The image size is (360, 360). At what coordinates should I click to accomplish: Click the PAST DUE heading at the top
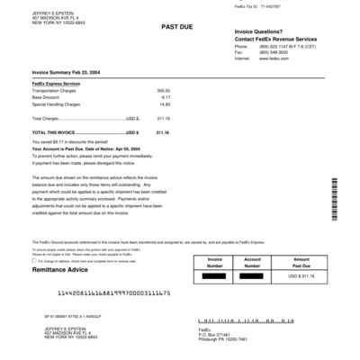click(175, 28)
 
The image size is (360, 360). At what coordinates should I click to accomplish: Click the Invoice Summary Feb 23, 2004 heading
click(66, 75)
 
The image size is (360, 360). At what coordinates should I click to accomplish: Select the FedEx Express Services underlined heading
click(57, 84)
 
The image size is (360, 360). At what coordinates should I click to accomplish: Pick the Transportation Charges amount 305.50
click(163, 91)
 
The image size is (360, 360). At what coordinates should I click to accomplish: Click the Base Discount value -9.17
click(165, 97)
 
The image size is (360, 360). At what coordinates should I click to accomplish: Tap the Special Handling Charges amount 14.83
click(164, 103)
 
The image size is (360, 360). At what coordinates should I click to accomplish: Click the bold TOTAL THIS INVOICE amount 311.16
click(162, 131)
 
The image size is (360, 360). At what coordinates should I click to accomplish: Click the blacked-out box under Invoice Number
click(215, 275)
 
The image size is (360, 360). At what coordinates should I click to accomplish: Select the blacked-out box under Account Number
click(258, 275)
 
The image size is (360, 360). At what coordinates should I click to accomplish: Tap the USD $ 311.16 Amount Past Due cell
click(303, 275)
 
